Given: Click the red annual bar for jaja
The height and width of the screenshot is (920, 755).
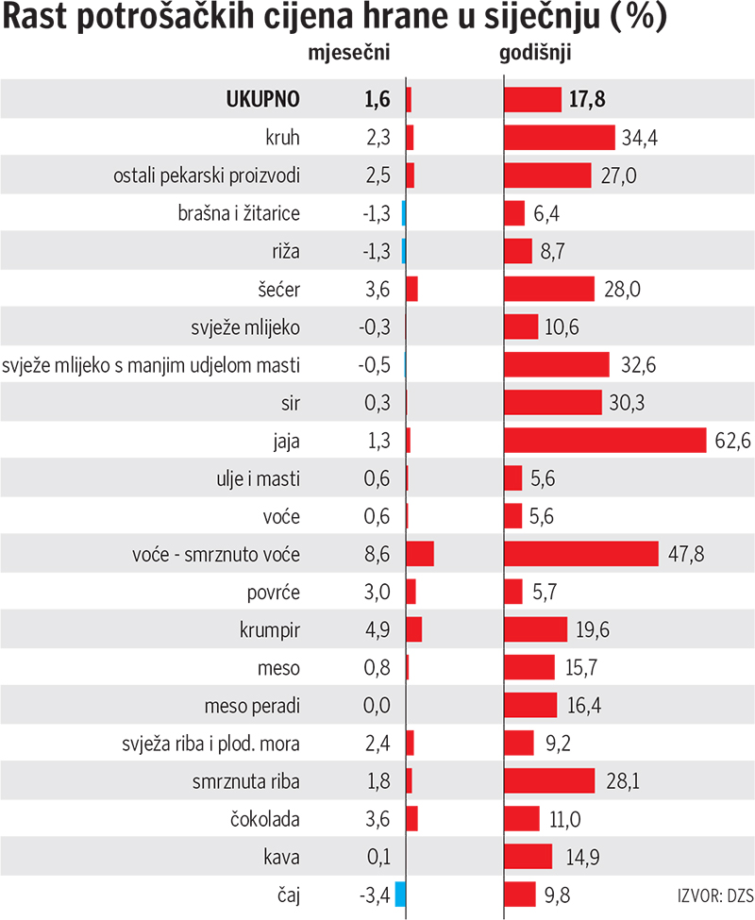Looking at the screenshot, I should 605,440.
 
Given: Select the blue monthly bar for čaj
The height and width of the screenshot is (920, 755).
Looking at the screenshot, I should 400,894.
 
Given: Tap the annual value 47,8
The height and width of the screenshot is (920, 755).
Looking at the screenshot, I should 686,553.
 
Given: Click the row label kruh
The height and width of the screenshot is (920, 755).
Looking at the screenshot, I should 282,138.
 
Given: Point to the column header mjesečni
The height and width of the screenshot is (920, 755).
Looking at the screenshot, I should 350,54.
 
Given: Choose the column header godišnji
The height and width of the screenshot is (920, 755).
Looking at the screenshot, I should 533,54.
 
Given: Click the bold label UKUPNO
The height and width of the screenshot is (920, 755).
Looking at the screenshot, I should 262,100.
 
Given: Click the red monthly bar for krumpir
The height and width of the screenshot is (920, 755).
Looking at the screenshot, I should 413,629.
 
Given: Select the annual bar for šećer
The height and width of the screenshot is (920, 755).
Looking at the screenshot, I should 549,289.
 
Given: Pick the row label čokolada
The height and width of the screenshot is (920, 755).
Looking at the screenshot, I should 265,818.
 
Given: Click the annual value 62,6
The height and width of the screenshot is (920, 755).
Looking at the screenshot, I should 731,440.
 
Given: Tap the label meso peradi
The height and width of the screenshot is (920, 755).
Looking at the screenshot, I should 252,705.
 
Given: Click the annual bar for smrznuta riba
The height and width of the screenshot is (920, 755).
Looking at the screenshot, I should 549,780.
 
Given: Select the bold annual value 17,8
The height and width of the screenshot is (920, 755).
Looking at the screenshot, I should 587,100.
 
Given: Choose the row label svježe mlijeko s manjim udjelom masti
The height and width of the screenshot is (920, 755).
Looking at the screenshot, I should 152,364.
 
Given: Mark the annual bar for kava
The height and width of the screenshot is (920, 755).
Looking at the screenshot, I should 528,856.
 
